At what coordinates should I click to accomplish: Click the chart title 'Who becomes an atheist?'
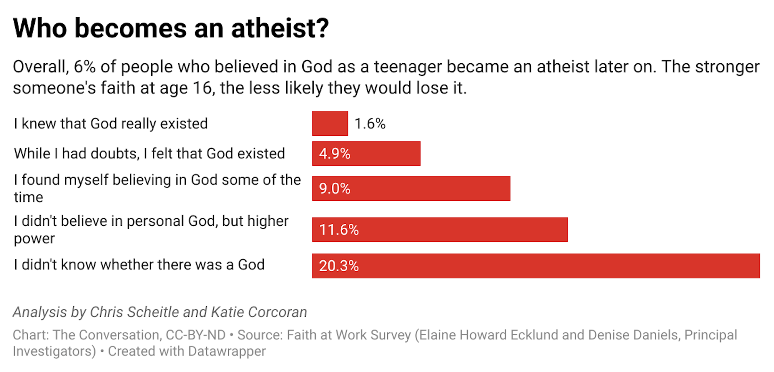(171, 28)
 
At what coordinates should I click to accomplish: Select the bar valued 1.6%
(330, 124)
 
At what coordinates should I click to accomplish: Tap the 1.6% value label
(370, 124)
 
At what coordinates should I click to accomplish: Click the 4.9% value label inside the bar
(335, 154)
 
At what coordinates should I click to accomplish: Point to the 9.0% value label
(335, 189)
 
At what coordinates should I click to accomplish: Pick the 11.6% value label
(339, 230)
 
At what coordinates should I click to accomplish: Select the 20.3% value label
(339, 266)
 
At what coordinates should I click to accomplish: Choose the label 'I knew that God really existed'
(111, 124)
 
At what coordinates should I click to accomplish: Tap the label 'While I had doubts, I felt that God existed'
(149, 154)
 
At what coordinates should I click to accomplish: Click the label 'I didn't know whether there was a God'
(139, 265)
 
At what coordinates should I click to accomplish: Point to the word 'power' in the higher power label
(34, 239)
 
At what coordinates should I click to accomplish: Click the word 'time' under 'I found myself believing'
(28, 197)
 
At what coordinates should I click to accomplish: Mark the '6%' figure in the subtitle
(85, 67)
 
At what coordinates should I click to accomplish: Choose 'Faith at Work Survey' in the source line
(349, 335)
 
